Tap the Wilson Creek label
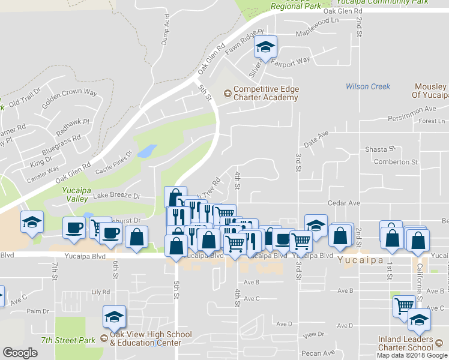368,86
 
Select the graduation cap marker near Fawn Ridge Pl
265,46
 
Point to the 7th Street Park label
68,340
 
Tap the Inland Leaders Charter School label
405,343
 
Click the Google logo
20,353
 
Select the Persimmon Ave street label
411,109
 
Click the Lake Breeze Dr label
116,196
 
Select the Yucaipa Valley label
76,194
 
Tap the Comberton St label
396,162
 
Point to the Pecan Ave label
319,353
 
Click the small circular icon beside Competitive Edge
227,93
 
